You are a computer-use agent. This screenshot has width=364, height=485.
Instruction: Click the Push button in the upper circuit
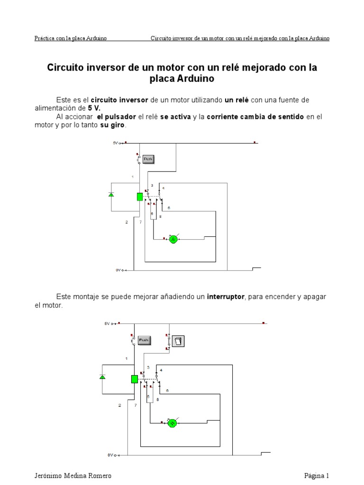[x=148, y=160]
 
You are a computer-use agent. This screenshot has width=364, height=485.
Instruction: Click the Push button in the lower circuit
[x=144, y=340]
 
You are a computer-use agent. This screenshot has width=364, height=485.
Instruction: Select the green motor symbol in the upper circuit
[x=173, y=240]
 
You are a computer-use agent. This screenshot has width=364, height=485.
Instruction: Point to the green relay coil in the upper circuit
[x=140, y=197]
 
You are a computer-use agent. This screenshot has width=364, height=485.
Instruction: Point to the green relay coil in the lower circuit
[x=134, y=379]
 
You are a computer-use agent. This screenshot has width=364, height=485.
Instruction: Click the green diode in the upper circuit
[x=111, y=195]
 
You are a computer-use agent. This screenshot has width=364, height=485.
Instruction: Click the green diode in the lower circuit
[x=102, y=377]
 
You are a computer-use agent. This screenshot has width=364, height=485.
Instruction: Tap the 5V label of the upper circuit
[x=116, y=143]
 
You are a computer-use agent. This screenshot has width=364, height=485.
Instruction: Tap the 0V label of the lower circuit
[x=110, y=455]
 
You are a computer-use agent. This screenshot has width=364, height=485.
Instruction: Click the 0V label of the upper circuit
[x=118, y=270]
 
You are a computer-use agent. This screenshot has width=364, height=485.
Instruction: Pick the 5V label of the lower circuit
[x=107, y=323]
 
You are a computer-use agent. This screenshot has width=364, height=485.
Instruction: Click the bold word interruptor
[x=226, y=297]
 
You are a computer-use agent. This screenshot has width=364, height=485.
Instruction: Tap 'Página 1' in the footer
[x=316, y=476]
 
